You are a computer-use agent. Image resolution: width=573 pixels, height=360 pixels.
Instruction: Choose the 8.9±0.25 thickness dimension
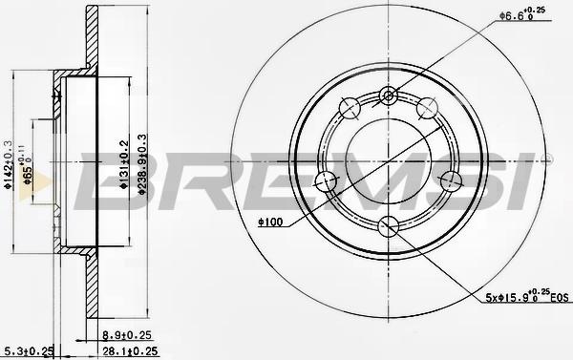point(126,336)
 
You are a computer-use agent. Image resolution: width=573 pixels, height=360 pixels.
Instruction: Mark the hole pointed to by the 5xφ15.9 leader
point(388,225)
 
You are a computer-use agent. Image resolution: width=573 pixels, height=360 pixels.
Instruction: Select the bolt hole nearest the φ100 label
point(325,180)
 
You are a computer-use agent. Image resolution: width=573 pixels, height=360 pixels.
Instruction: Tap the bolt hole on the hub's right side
point(452,180)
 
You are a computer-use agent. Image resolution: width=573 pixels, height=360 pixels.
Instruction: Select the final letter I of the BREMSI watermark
point(523,181)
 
